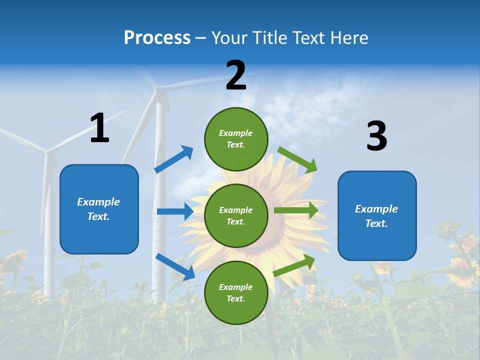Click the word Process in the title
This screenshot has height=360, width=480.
(157, 38)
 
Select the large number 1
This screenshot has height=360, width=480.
(99, 128)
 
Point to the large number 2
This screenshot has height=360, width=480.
(236, 75)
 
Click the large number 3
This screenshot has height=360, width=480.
(376, 136)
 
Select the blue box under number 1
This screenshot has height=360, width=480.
(99, 209)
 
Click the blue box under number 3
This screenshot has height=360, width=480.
(377, 216)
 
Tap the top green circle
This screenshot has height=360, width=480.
(236, 139)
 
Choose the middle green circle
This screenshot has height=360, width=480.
(236, 215)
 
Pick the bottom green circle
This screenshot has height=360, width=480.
(236, 292)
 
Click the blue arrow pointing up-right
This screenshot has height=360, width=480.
(174, 159)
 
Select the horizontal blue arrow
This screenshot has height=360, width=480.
(175, 211)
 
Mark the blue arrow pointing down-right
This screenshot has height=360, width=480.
(175, 266)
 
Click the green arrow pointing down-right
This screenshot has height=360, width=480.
(297, 160)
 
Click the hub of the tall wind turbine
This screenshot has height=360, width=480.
(158, 89)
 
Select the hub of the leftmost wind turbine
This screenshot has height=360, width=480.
(47, 151)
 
